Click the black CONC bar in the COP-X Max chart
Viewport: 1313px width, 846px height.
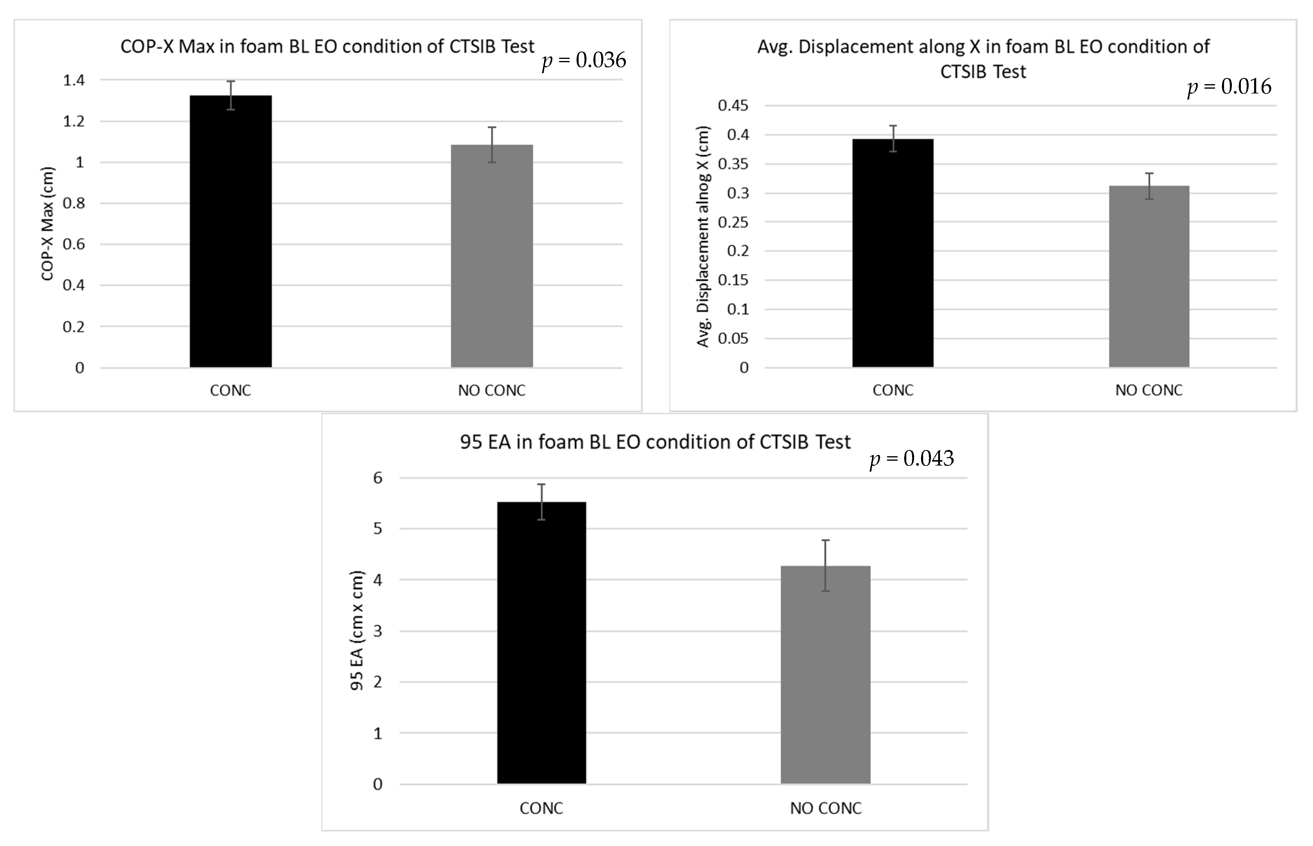(x=231, y=231)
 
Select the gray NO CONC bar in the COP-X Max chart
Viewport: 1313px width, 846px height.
(x=492, y=255)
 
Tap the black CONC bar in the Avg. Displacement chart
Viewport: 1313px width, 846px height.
(x=893, y=253)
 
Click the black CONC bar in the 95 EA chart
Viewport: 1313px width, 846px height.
(x=541, y=643)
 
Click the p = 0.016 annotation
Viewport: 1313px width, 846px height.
(x=1229, y=87)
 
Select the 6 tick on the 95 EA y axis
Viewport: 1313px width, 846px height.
(x=378, y=478)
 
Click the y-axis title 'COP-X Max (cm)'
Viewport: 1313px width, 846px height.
(x=48, y=224)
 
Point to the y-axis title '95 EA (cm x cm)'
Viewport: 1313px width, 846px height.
(x=357, y=631)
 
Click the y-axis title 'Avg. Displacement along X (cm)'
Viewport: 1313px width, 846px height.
(x=703, y=236)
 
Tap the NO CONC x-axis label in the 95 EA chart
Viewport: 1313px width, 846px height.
(x=825, y=808)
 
